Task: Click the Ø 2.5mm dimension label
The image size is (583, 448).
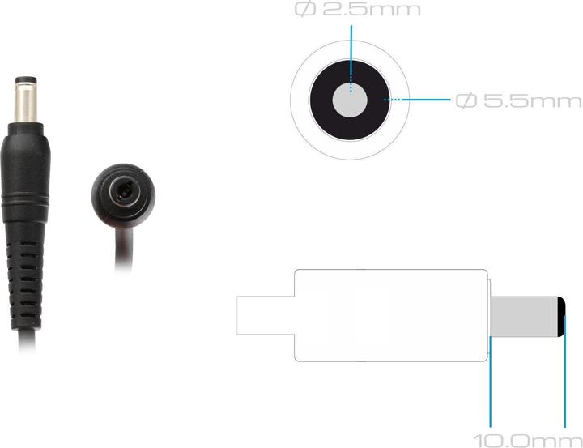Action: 358,9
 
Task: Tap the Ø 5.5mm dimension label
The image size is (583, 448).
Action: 519,100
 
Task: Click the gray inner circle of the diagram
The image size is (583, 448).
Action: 350,100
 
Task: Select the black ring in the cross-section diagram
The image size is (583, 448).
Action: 321,100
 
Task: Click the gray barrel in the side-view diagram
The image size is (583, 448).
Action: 524,317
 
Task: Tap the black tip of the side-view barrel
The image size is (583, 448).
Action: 562,317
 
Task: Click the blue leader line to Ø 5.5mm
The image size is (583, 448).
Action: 417,100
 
